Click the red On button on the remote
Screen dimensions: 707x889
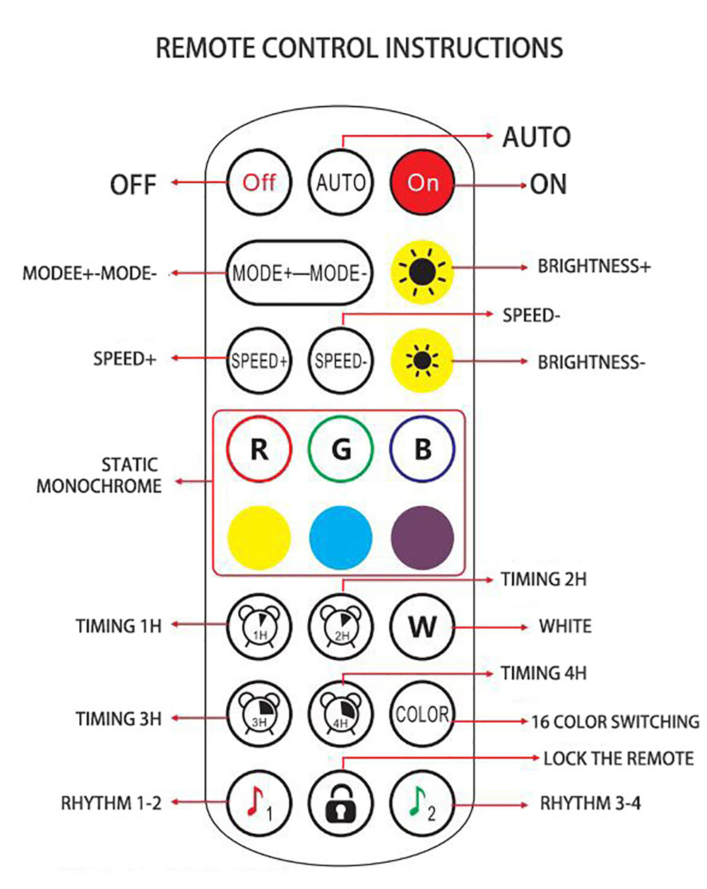click(x=422, y=182)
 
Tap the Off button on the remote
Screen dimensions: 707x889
click(x=259, y=182)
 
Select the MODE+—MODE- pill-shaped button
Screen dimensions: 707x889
click(x=299, y=273)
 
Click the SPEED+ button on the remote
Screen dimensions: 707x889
click(x=259, y=361)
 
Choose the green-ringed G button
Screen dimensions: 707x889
click(x=341, y=449)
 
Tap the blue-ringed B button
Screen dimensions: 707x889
click(x=422, y=449)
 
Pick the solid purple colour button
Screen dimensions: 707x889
click(x=422, y=538)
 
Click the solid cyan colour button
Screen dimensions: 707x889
click(x=341, y=538)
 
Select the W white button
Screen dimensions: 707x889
click(x=422, y=627)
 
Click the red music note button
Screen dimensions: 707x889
click(x=259, y=803)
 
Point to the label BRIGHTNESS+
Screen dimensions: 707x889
click(x=594, y=267)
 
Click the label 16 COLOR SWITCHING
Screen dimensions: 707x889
click(x=615, y=721)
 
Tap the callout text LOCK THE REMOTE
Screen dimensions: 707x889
click(x=618, y=758)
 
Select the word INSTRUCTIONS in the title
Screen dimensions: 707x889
click(x=474, y=47)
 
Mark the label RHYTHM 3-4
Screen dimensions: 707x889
click(x=590, y=803)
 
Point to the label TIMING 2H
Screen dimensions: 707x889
click(x=544, y=579)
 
